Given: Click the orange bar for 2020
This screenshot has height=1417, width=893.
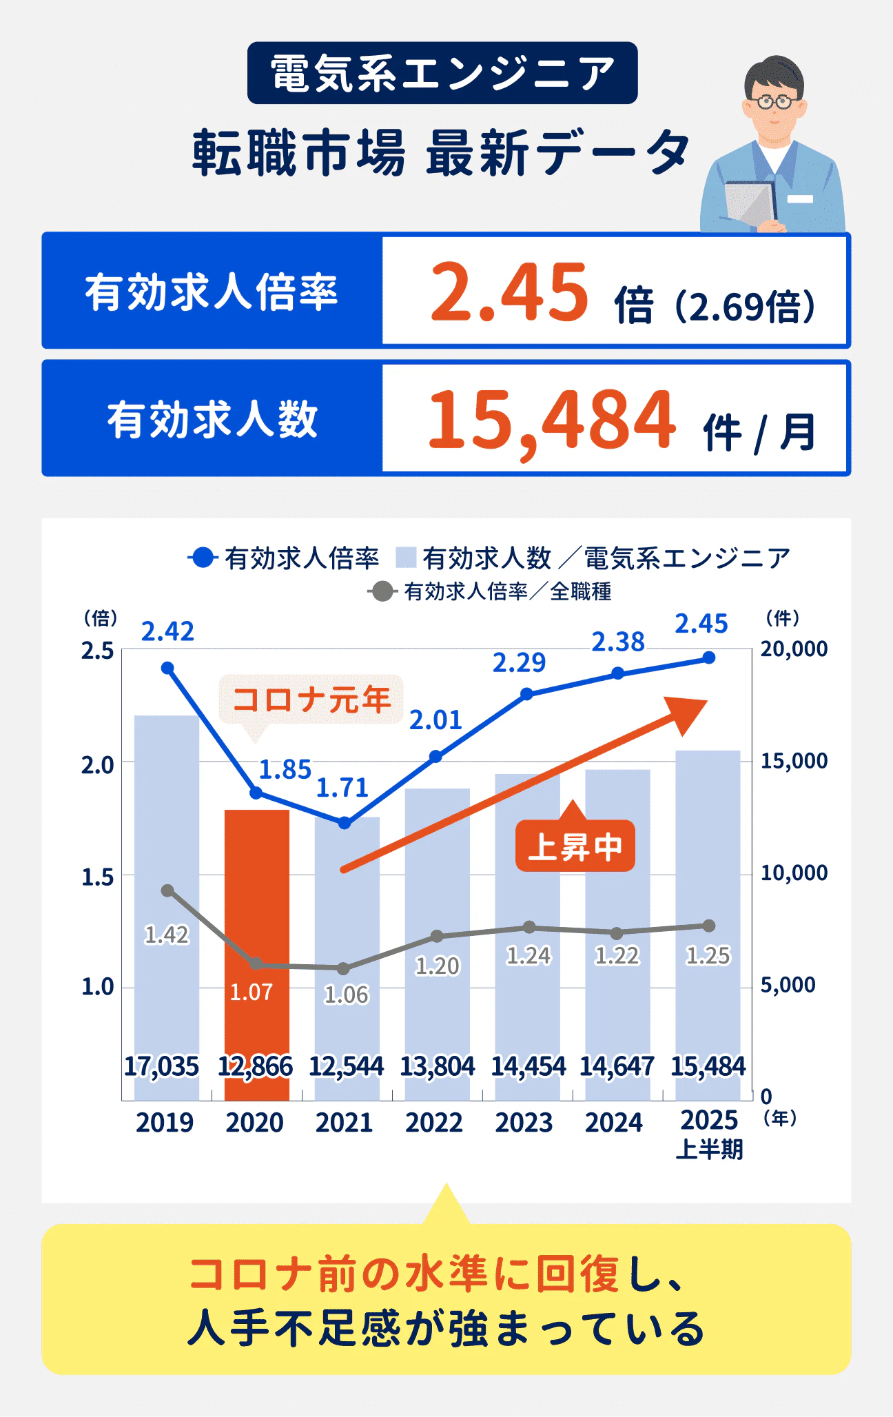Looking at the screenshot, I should click(256, 896).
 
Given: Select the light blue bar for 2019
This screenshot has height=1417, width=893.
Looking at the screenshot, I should click(166, 827).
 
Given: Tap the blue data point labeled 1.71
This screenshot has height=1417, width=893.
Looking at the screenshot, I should click(345, 823).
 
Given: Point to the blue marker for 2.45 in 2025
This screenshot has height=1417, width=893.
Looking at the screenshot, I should click(708, 658).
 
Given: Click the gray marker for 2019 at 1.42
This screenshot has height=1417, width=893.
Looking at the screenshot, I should click(167, 890).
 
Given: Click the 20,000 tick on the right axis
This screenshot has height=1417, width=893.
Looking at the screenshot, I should click(794, 649).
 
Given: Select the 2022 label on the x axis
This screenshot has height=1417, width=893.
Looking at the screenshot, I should click(434, 1123).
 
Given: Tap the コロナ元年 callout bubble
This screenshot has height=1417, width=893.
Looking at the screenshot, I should click(311, 699).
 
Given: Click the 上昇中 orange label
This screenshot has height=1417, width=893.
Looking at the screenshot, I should click(575, 846).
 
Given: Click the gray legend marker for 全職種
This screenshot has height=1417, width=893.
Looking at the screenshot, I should click(381, 591).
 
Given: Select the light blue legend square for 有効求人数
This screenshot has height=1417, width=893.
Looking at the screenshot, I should click(406, 558).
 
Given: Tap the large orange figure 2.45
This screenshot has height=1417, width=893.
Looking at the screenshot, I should click(509, 292).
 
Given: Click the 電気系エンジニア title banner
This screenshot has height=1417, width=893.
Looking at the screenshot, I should click(442, 73).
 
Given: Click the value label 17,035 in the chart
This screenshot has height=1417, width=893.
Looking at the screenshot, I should click(161, 1066).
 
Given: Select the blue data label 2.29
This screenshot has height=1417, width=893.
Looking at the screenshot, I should click(519, 663).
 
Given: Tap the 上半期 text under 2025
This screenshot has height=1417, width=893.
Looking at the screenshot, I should click(709, 1150).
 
